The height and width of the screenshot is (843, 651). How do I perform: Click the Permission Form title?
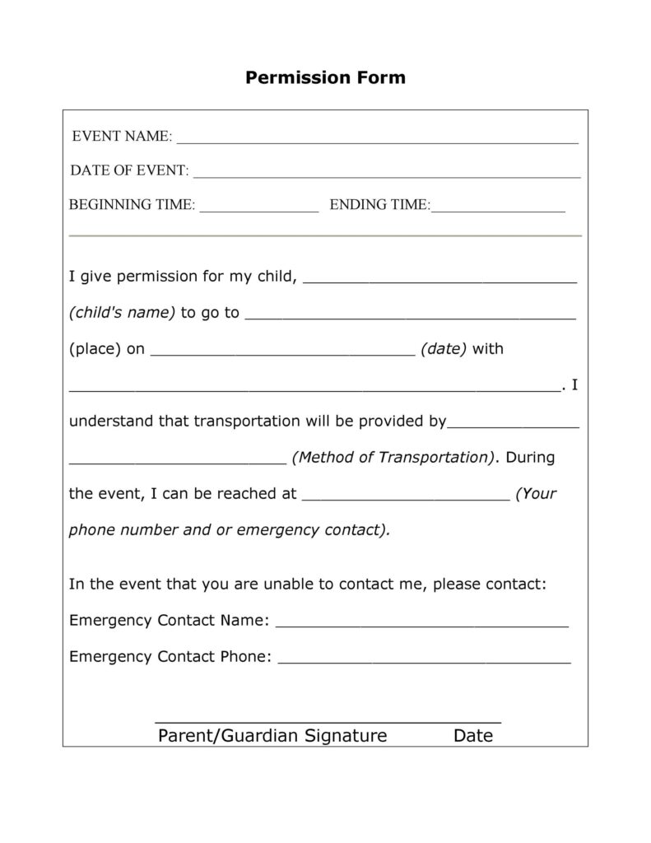[x=325, y=78]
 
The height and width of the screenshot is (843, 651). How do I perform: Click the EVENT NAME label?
[x=121, y=136]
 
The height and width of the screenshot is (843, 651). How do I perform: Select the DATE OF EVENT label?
[x=129, y=170]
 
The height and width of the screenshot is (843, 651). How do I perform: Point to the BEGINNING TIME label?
[x=132, y=205]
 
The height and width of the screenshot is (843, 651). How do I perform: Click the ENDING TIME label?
[x=379, y=205]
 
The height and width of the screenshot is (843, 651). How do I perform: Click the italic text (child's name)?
[x=122, y=313]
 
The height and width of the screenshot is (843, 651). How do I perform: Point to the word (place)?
[x=94, y=349]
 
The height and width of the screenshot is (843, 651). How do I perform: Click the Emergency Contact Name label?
[x=169, y=620]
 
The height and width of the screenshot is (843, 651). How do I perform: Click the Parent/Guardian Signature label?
[x=272, y=735]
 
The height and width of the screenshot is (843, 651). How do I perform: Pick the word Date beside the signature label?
[x=472, y=735]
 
